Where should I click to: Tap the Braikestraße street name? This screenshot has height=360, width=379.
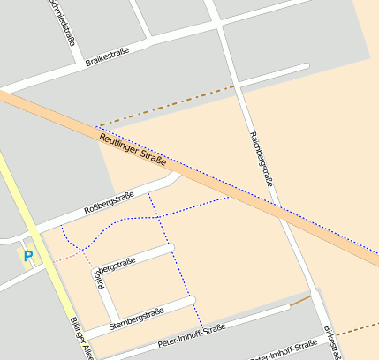pos(107,56)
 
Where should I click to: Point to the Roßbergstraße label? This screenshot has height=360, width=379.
pos(108,203)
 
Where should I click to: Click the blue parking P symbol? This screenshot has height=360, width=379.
pos(27,257)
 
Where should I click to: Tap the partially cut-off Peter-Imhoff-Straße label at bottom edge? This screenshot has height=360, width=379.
pos(283,352)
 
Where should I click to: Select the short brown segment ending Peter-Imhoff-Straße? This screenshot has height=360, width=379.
pos(300,301)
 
